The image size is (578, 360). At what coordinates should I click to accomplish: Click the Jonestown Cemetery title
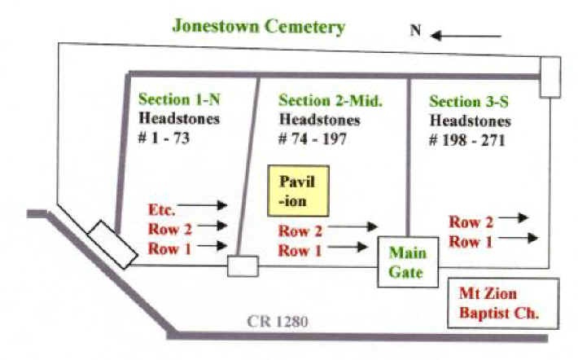click(258, 27)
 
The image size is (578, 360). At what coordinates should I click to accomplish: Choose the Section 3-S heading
click(470, 101)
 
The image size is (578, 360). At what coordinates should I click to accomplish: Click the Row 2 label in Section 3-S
click(471, 222)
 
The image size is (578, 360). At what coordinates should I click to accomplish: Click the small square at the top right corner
click(550, 77)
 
